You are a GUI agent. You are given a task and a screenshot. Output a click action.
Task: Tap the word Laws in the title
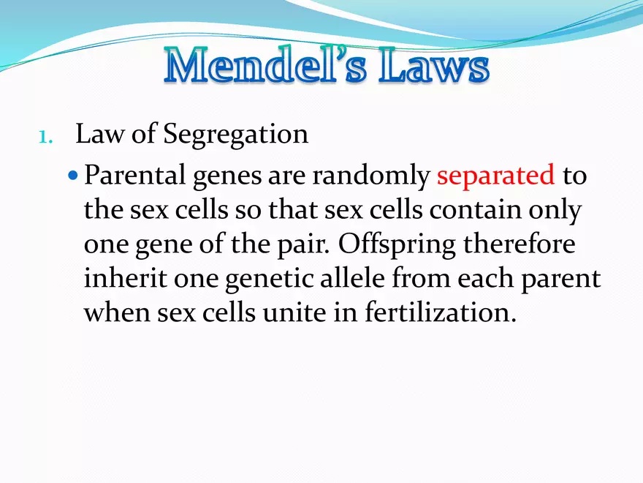pos(434,66)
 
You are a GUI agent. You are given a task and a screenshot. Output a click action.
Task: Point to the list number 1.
pos(45,137)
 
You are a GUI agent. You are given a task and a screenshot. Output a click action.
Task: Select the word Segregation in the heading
pos(236,135)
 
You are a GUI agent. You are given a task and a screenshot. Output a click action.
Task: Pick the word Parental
pos(135,175)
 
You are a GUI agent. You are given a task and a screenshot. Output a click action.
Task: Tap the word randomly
pos(370,176)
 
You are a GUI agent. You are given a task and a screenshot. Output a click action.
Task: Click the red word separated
pos(496,176)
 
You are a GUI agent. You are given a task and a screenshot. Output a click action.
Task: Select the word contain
pos(475,209)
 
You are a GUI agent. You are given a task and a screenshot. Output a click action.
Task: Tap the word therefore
pos(520,244)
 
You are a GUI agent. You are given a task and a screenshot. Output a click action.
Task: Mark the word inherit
pos(125,278)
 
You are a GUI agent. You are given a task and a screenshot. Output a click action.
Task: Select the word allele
pos(352,278)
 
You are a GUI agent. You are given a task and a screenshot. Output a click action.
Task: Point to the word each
pos(485,278)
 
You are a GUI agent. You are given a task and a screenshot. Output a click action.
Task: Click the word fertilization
pos(440,312)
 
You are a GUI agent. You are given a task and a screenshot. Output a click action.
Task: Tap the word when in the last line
pos(117,312)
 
